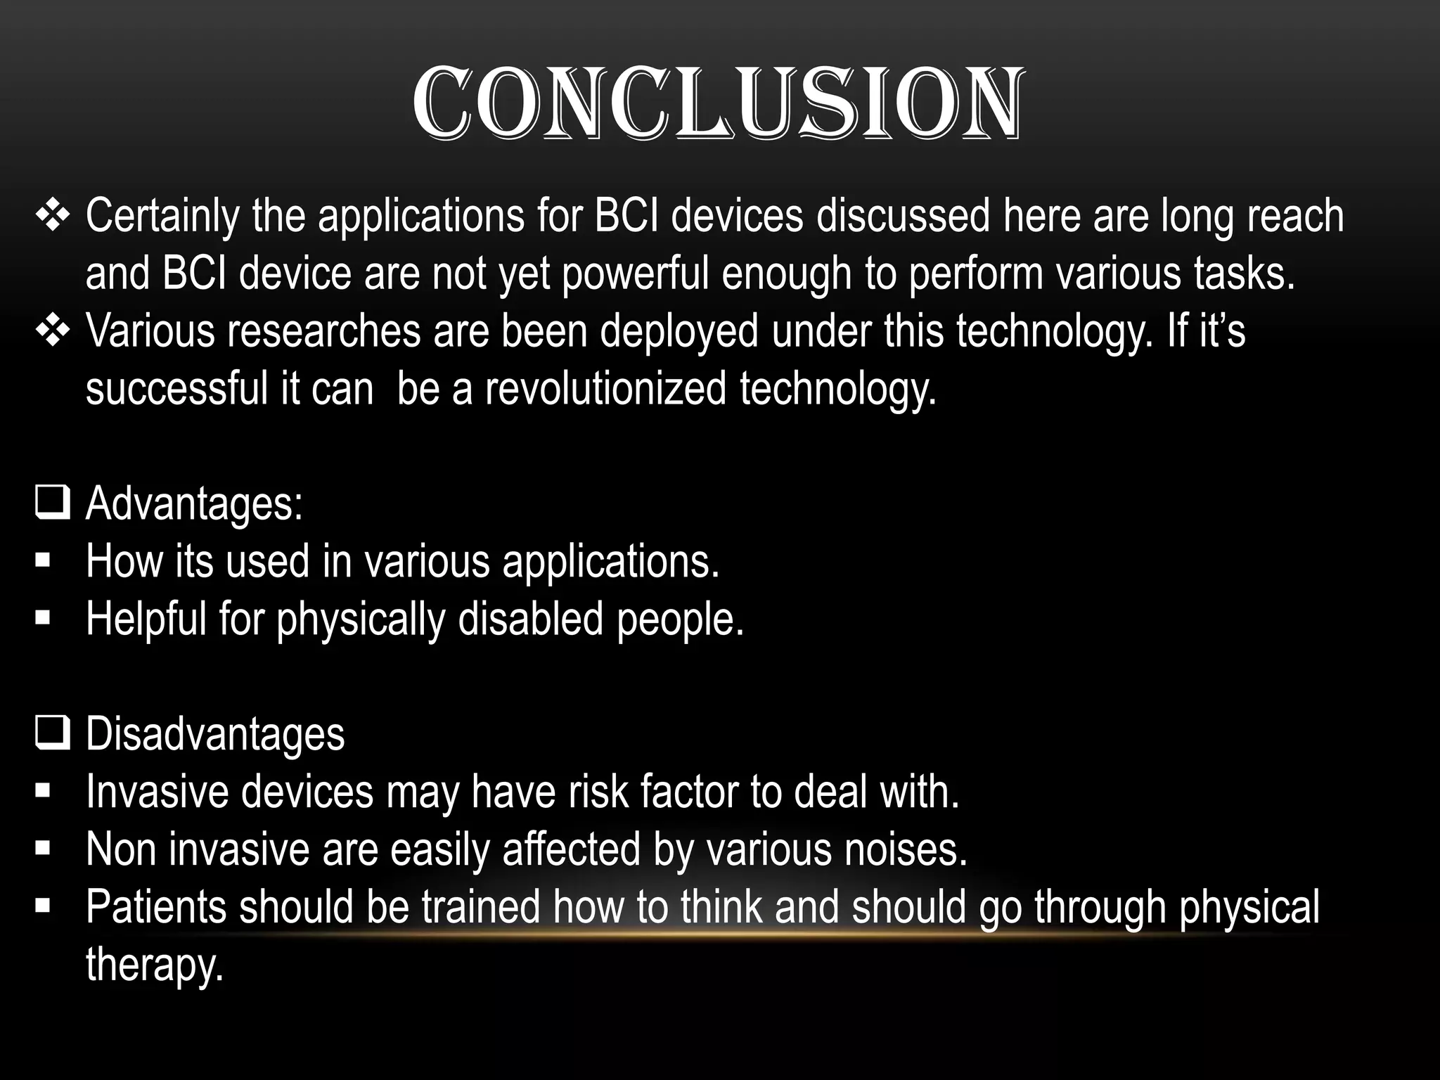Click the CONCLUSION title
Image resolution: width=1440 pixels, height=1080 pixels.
point(717,104)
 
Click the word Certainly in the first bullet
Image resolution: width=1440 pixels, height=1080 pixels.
point(162,216)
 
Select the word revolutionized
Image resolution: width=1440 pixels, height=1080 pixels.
point(605,389)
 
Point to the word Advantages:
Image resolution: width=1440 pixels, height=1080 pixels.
point(194,504)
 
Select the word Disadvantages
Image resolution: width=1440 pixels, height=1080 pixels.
point(215,734)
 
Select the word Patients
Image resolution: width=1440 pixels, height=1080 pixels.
point(156,907)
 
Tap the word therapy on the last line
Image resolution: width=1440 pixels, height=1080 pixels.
point(154,965)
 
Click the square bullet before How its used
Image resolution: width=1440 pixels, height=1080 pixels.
point(43,562)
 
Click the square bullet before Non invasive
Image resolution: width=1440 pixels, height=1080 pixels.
point(43,849)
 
